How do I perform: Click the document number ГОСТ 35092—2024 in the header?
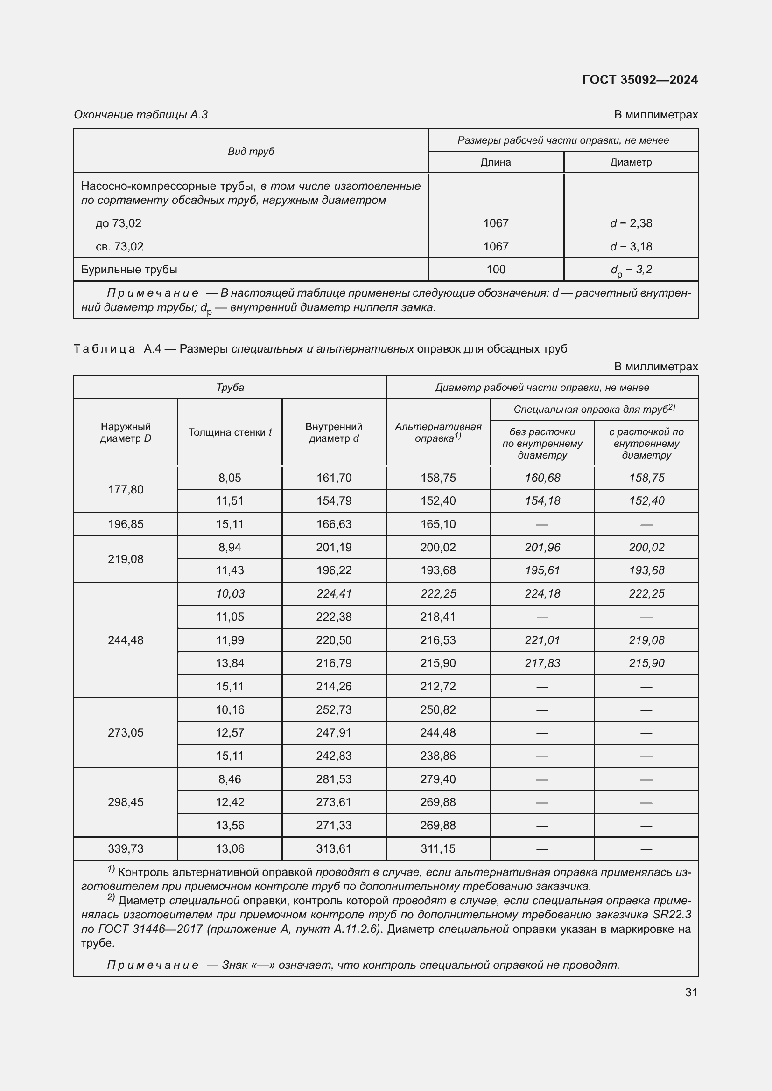coord(640,79)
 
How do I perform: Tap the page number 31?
coord(691,992)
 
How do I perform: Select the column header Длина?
coord(495,162)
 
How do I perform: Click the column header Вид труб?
coord(251,151)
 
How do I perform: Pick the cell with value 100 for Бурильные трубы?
coord(495,270)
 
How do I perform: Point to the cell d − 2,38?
coord(631,223)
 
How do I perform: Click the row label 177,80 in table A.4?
coord(126,489)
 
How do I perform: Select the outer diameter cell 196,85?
coord(126,524)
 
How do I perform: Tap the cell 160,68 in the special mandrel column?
coord(542,478)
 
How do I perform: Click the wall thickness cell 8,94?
coord(230,548)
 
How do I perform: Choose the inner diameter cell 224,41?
coord(334,593)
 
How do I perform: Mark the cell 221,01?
coord(542,640)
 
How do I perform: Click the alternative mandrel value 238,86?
coord(438,756)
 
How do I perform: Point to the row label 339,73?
coord(126,848)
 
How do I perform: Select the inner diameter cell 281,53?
coord(334,779)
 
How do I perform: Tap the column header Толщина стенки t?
coord(230,432)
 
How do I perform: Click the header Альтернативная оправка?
coord(438,432)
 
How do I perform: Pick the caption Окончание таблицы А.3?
coord(140,115)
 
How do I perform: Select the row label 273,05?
coord(126,732)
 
